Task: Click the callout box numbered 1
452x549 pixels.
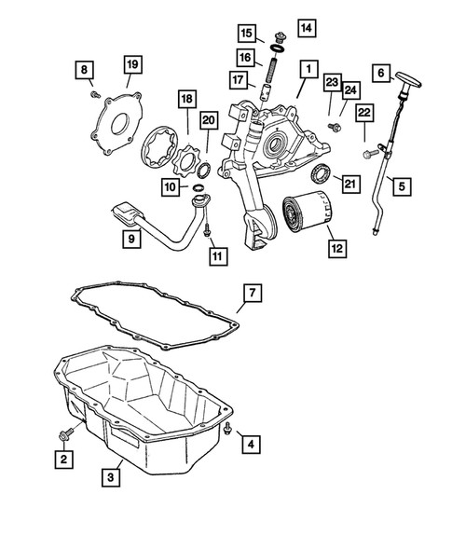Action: pyautogui.click(x=304, y=68)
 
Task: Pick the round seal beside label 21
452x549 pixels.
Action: pyautogui.click(x=321, y=172)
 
